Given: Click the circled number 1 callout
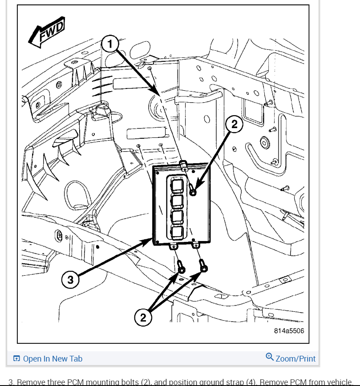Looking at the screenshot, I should click(109, 44).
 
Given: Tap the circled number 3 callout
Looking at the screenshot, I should click(70, 280).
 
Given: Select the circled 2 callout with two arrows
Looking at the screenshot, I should click(143, 317).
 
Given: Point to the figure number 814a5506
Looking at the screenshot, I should click(289, 331).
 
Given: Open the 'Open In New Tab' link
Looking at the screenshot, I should click(53, 358).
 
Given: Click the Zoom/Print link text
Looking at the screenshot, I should click(295, 358).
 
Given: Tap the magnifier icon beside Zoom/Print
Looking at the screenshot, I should click(269, 357).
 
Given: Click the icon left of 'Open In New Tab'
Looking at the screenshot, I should click(16, 359).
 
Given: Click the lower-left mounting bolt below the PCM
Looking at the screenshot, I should click(181, 269).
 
